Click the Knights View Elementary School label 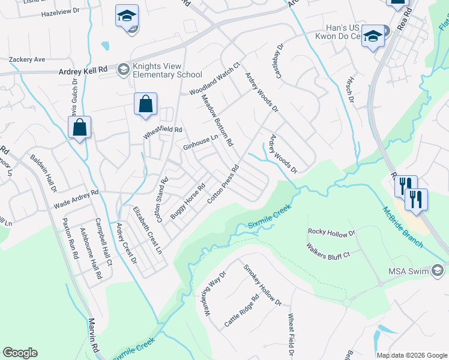[167, 70]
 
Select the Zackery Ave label [27, 60]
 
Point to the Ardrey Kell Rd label [82, 71]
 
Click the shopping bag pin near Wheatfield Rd [145, 104]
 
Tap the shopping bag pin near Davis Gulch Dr [79, 127]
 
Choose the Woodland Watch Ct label [215, 80]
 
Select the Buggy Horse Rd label [188, 200]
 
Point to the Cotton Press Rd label [223, 184]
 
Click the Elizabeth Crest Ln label [148, 230]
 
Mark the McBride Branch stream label [403, 227]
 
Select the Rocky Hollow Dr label [332, 232]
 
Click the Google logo [20, 353]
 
